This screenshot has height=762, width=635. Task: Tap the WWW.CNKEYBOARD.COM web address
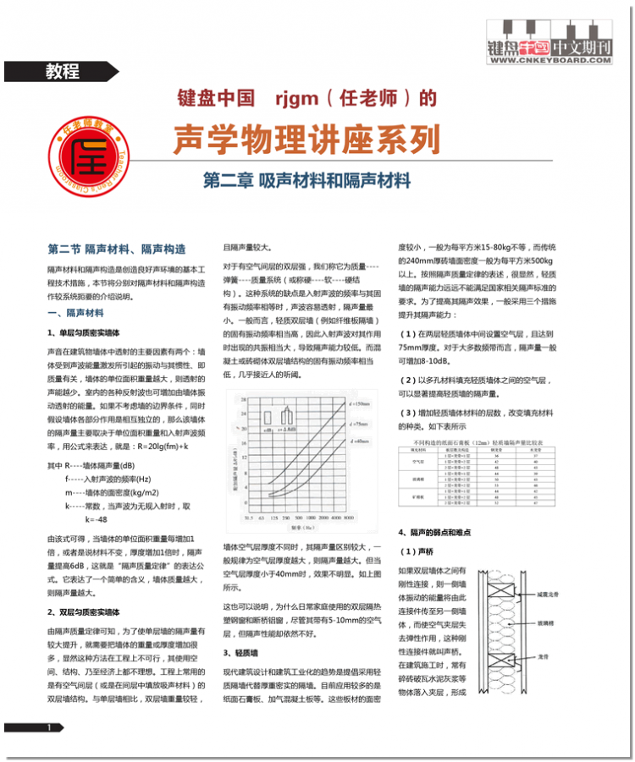pos(550,60)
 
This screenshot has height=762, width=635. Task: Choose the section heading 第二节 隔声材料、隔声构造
pos(117,249)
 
